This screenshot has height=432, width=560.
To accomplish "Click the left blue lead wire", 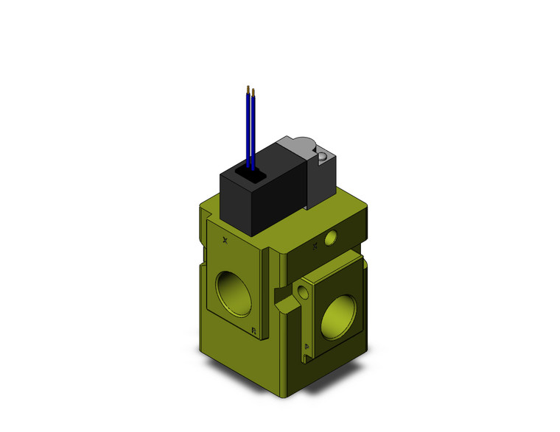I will click(248, 129).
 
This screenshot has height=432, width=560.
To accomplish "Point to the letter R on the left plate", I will click(253, 330).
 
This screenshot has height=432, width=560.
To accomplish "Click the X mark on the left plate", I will click(225, 240).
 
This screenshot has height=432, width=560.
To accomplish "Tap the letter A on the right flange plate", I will click(307, 345).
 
